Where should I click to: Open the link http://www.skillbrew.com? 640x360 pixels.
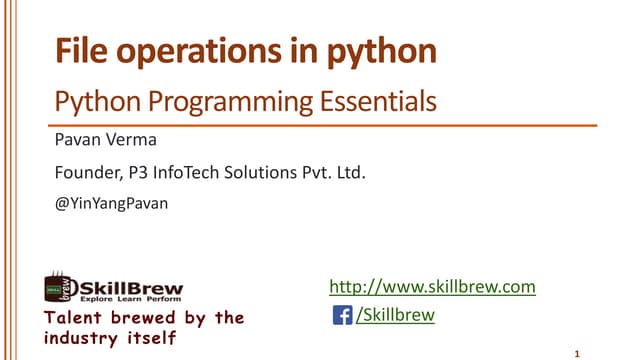click(433, 287)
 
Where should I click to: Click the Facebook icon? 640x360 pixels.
click(341, 316)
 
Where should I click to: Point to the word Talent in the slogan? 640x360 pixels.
click(73, 318)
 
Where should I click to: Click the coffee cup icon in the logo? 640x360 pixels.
click(56, 289)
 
